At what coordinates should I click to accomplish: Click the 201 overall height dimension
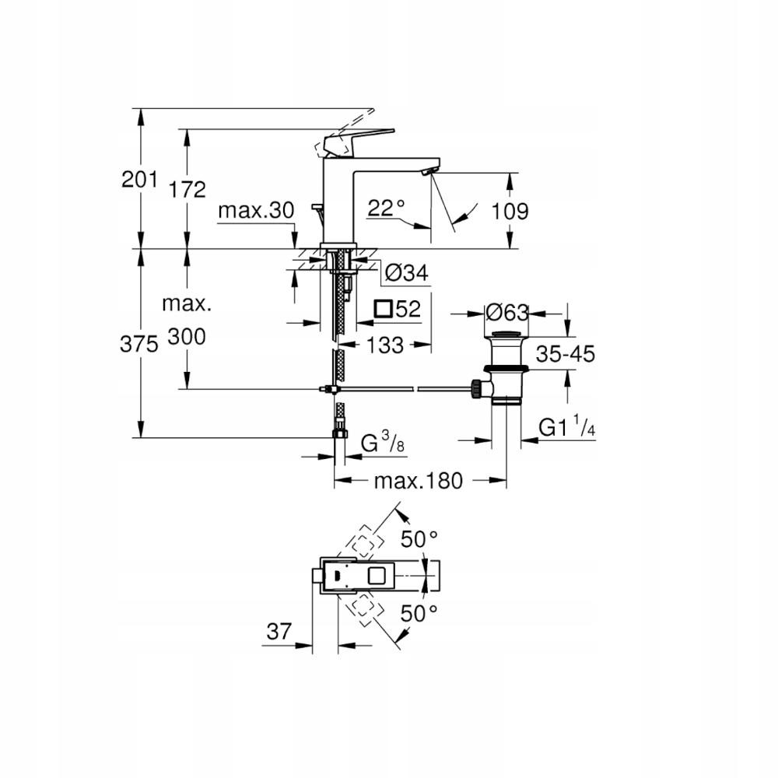click(x=140, y=179)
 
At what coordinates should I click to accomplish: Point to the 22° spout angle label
click(x=387, y=208)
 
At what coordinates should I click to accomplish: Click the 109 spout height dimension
click(x=511, y=211)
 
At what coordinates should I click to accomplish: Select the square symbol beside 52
click(x=382, y=309)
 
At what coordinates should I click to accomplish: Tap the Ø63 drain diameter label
click(x=506, y=313)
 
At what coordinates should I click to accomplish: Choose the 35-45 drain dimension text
click(x=564, y=355)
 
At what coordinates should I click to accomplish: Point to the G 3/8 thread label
click(x=381, y=444)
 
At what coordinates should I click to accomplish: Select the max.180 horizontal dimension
click(x=418, y=481)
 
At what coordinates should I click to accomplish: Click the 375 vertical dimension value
click(x=140, y=344)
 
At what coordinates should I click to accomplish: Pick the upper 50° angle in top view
click(x=419, y=538)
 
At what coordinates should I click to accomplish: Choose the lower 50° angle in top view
click(x=419, y=614)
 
